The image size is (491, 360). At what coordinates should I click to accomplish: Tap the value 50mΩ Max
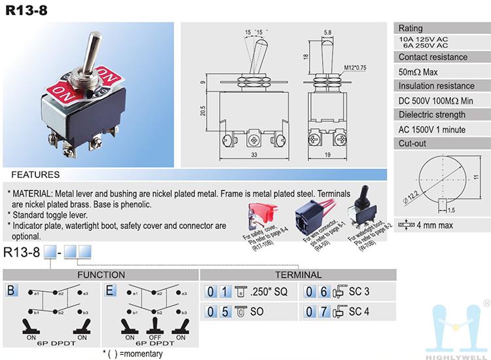[420, 71]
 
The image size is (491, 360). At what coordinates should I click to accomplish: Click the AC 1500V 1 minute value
[431, 129]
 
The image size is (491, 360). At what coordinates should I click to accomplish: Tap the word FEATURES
[35, 175]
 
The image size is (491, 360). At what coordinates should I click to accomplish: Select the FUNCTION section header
[101, 275]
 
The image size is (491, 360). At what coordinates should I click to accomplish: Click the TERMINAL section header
[299, 275]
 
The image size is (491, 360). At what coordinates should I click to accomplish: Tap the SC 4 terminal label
[360, 311]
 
